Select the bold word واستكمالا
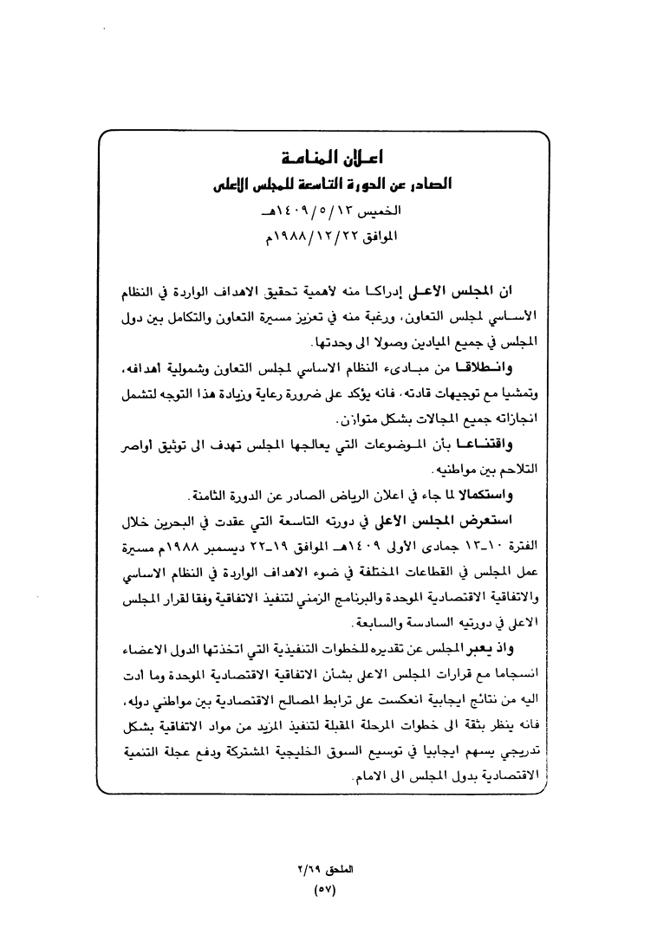[488, 496]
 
